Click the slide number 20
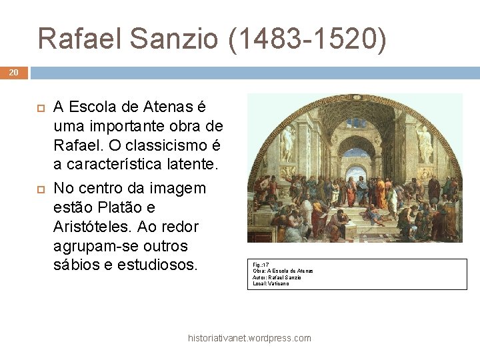coord(14,73)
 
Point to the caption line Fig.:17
coord(261,265)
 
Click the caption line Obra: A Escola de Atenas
coord(283,271)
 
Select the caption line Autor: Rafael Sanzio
coord(277,277)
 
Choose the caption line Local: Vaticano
coord(271,284)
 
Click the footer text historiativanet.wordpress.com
coord(249,338)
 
